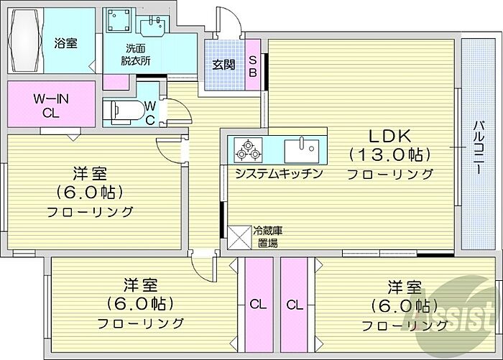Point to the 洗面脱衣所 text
point(135,55)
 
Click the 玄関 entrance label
point(222,64)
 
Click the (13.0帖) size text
point(389,154)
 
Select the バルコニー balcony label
point(477,147)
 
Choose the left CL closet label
point(257,305)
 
